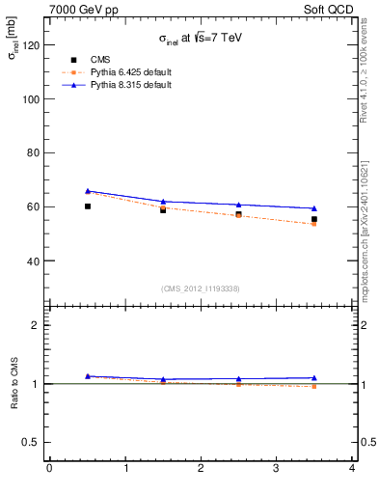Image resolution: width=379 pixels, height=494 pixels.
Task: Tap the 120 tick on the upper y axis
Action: tap(32, 45)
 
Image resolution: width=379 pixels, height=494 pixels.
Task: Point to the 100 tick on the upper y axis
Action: tap(32, 99)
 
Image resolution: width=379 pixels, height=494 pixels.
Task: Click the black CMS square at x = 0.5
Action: tap(88, 206)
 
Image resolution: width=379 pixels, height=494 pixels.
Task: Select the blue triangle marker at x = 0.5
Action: tap(88, 191)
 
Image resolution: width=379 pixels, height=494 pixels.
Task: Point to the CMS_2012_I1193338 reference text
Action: tap(201, 288)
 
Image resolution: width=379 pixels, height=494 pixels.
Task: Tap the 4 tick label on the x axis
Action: tap(352, 468)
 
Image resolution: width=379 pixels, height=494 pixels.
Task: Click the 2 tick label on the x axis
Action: tap(201, 468)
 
